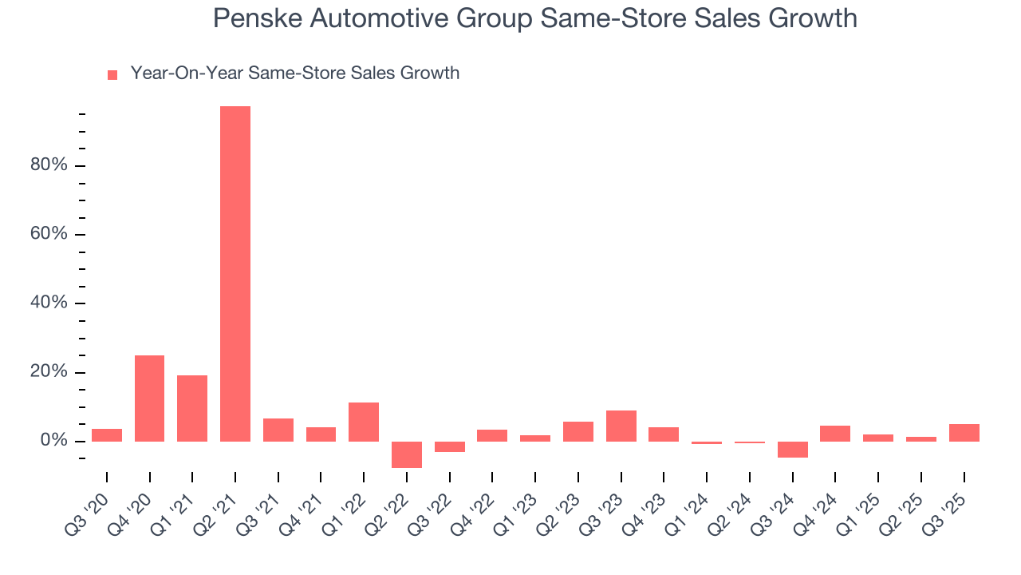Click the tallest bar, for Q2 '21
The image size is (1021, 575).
[235, 274]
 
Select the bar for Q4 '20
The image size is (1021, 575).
[149, 399]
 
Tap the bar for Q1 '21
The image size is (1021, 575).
[192, 408]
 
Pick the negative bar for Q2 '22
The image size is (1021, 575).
[407, 454]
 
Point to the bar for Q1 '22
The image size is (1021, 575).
[364, 422]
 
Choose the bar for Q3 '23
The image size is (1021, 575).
[621, 426]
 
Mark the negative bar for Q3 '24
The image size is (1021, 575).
[793, 450]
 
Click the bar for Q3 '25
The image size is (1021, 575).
[964, 433]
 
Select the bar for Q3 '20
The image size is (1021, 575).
[107, 435]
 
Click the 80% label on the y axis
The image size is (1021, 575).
[49, 166]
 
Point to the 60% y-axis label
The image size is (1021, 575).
[49, 235]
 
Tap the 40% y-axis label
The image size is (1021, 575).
[49, 303]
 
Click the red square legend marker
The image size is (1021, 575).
[112, 75]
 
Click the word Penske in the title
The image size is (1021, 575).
[253, 18]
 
